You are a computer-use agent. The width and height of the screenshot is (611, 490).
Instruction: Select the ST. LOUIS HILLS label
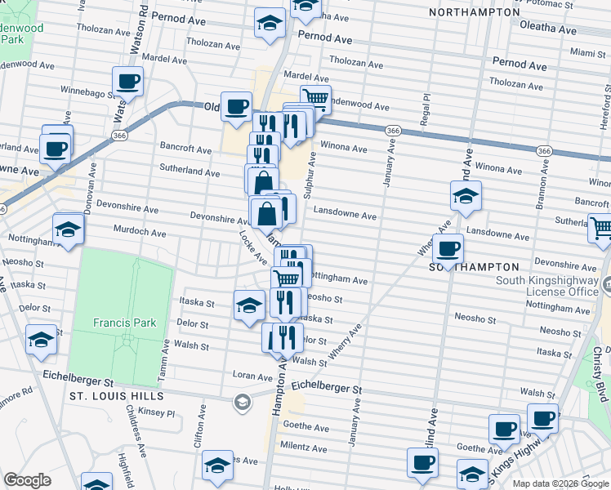point(116,396)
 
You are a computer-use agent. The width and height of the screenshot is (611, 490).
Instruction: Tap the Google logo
point(27,480)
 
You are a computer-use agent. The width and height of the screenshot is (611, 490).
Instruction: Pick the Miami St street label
point(588,52)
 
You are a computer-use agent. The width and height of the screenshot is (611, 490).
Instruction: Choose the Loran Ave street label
point(252,377)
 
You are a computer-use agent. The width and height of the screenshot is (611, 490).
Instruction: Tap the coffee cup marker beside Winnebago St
point(127,82)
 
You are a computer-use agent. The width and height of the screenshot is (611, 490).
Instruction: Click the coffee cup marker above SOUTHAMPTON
point(448,248)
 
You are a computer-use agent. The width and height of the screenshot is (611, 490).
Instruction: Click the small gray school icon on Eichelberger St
point(242,401)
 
